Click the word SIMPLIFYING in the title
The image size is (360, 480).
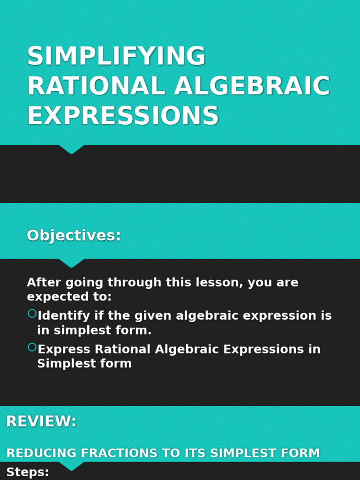pyautogui.click(x=116, y=56)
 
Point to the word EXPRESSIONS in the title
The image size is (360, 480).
pyautogui.click(x=123, y=115)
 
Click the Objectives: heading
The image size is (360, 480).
pyautogui.click(x=74, y=235)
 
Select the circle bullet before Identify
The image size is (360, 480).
pyautogui.click(x=32, y=314)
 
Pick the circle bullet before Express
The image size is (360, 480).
pyautogui.click(x=32, y=347)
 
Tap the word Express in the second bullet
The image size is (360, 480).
pyautogui.click(x=64, y=349)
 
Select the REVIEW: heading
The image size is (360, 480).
pyautogui.click(x=41, y=421)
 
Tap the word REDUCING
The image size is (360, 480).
pyautogui.click(x=41, y=453)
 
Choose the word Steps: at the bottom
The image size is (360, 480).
pyautogui.click(x=28, y=472)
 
